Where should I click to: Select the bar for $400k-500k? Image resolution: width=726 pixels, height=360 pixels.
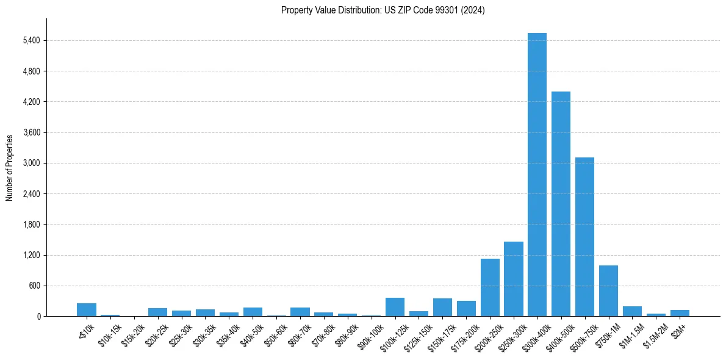[561, 204]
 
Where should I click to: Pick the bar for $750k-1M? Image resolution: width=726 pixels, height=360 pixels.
[608, 291]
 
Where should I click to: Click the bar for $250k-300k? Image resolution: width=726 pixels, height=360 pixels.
[513, 279]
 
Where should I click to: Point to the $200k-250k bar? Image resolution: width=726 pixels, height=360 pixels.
[490, 287]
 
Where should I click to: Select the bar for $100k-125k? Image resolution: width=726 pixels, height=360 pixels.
[395, 307]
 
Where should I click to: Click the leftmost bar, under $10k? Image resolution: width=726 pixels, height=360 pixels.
[87, 310]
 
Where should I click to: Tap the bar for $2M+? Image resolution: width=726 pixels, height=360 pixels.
[680, 313]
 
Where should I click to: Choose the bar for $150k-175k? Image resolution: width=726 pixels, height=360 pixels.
[442, 308]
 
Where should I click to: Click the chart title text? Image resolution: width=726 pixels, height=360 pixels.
[383, 10]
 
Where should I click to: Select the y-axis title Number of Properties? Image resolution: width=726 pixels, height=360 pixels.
[10, 168]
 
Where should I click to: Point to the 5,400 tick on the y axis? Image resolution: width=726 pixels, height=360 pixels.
[31, 41]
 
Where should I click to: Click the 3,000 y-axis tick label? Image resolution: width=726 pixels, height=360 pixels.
[31, 164]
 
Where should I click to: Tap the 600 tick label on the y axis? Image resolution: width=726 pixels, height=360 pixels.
[34, 286]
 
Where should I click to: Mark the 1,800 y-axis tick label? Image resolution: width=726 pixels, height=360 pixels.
[31, 225]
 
